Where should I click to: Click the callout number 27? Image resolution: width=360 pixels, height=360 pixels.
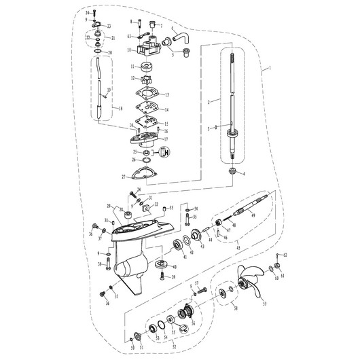pyautogui.click(x=123, y=176)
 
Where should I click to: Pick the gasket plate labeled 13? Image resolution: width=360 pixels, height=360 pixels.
pyautogui.click(x=148, y=94)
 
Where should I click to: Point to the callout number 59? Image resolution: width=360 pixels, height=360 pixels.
pyautogui.click(x=264, y=303)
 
